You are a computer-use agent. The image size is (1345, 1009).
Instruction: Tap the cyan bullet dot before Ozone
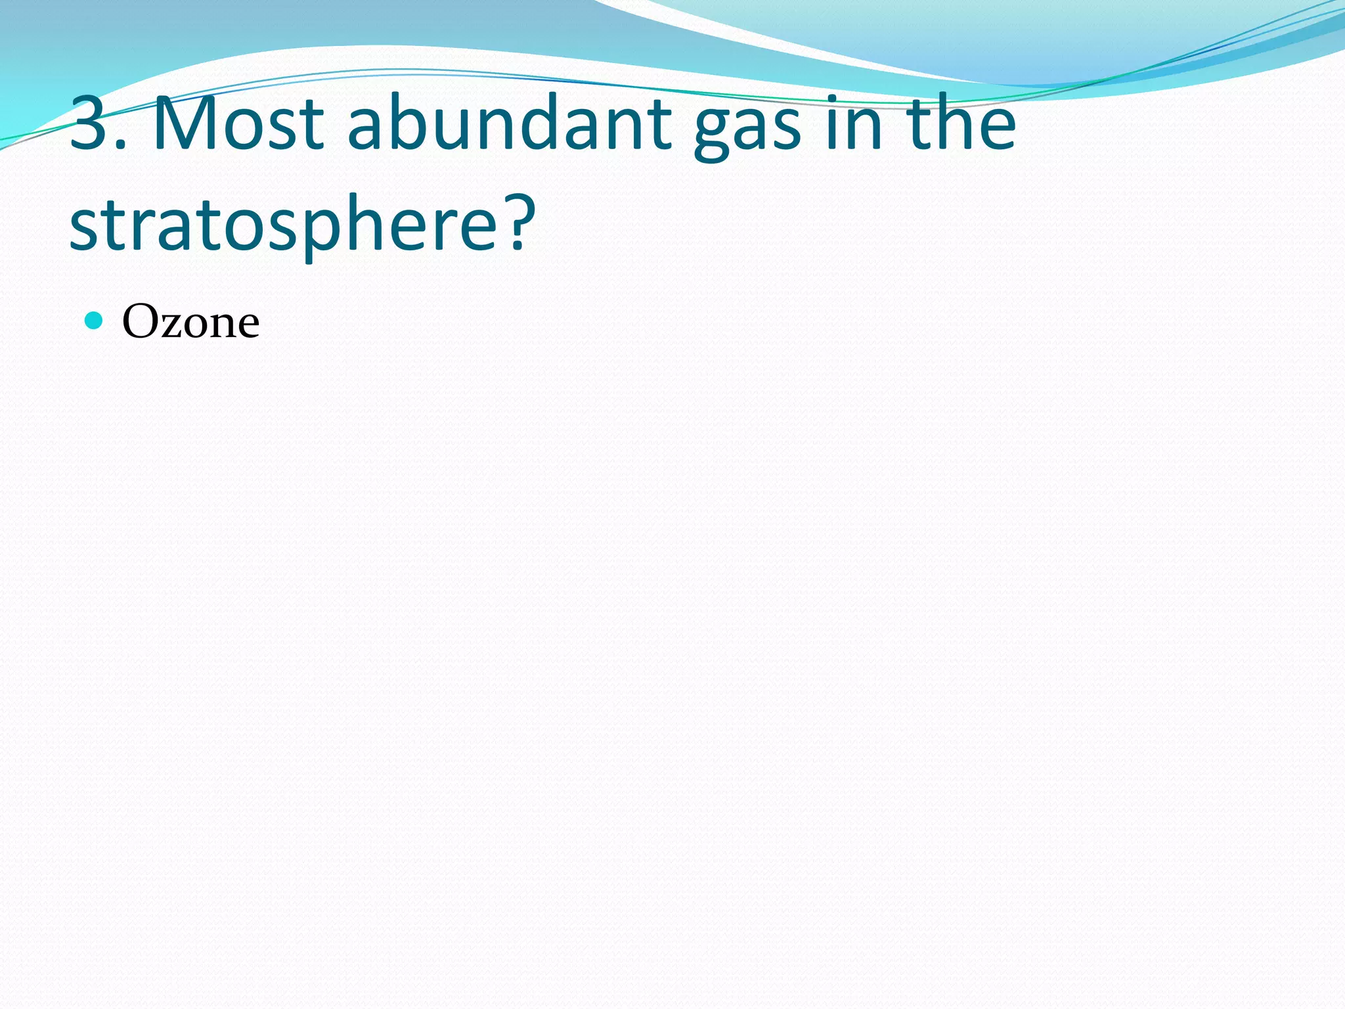(95, 321)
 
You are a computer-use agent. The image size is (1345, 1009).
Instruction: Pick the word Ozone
(190, 322)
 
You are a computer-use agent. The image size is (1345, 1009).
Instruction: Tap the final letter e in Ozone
(248, 326)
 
